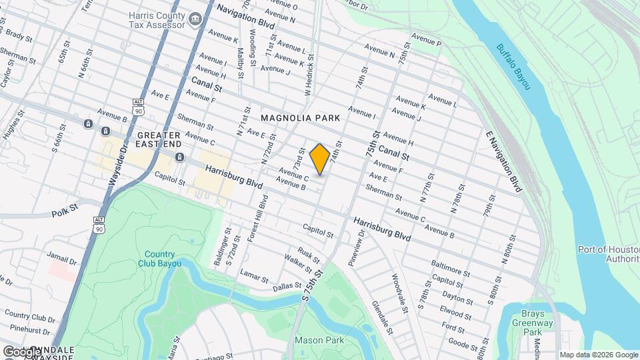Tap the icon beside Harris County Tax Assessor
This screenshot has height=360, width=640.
tap(195, 19)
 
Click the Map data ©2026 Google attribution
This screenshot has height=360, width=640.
tap(598, 355)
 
